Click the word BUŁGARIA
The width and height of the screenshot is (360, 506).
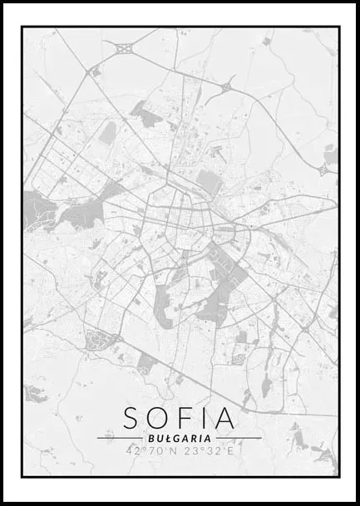[180, 438]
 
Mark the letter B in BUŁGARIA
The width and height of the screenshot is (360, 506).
[150, 438]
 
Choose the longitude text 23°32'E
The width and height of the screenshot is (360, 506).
[209, 451]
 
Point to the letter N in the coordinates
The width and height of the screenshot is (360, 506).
[173, 451]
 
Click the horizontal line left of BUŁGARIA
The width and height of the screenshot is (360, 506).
[120, 438]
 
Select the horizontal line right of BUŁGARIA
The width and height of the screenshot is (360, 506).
[238, 438]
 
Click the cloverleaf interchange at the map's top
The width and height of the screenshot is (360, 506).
[126, 49]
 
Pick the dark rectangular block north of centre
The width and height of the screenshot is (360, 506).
[208, 180]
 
